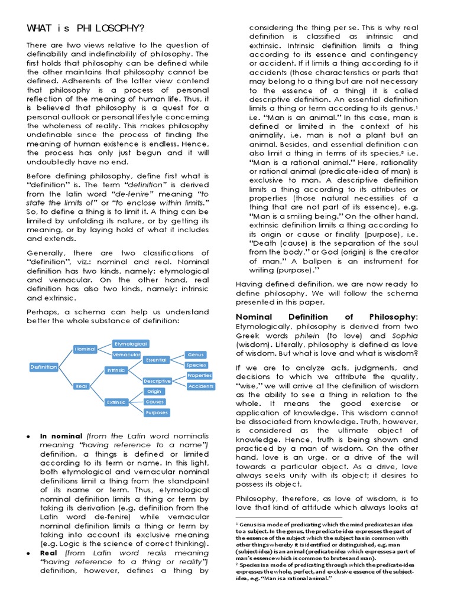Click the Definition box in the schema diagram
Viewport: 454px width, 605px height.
(x=44, y=367)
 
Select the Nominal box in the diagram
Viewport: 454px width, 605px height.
(x=86, y=349)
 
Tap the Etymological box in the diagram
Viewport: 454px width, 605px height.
(x=130, y=343)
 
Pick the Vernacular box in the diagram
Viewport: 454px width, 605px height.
(x=126, y=354)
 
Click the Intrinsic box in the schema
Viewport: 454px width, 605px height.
(x=116, y=370)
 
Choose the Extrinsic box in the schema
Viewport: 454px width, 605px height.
(x=116, y=402)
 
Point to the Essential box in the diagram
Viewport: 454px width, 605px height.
(x=156, y=359)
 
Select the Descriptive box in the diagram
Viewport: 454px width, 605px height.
(x=157, y=381)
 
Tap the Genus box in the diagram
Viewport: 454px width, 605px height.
(x=196, y=354)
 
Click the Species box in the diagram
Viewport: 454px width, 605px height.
(x=196, y=365)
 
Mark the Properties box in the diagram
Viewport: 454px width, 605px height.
(x=200, y=376)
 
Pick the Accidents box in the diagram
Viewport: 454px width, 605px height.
(x=200, y=386)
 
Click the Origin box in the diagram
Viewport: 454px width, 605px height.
(x=155, y=391)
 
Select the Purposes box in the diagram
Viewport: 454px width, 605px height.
(x=156, y=412)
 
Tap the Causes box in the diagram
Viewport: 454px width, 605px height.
(x=155, y=402)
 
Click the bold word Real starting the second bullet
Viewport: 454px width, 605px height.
(x=49, y=552)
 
